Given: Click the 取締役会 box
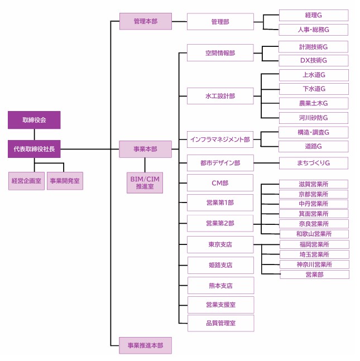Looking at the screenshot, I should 34,120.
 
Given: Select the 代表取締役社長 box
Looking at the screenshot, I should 34,149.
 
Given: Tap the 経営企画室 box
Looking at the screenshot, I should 26,181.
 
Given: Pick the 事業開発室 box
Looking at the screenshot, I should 65,181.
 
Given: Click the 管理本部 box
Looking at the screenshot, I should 145,22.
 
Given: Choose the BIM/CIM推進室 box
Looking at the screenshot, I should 145,182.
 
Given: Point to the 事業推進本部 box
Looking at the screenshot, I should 145,345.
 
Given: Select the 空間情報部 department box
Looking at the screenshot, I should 220,54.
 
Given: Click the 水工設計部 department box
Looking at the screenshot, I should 220,96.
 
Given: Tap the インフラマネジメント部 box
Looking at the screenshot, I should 220,139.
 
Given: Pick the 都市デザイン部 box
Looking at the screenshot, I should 220,163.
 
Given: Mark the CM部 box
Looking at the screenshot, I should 220,182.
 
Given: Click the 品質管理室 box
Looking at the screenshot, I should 220,323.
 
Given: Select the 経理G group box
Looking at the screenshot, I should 314,15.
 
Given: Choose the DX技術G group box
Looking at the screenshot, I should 314,60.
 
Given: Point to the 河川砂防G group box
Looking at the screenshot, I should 314,118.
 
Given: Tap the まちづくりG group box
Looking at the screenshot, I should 314,163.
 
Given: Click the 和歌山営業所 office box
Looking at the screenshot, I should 314,234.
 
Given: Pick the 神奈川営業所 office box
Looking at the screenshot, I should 314,264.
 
